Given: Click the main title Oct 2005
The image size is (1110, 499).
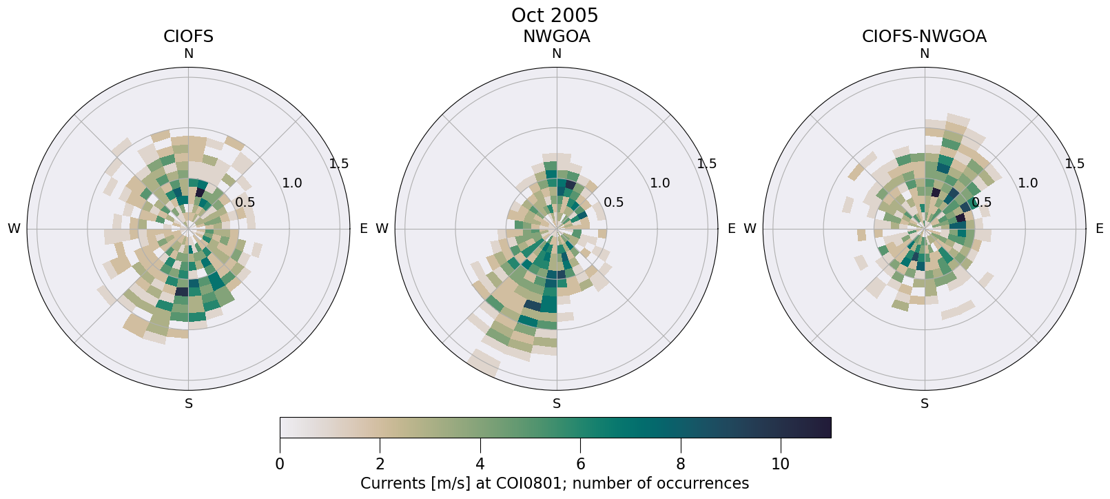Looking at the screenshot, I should [555, 15].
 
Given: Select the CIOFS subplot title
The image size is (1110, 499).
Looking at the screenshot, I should [188, 37].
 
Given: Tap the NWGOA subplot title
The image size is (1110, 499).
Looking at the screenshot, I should [556, 37].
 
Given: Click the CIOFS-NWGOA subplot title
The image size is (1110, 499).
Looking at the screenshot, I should [924, 37].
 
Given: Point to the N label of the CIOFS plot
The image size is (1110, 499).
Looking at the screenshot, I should [188, 54].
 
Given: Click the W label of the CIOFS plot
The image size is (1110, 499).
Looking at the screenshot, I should [14, 229].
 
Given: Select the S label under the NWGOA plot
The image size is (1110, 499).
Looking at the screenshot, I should [557, 404].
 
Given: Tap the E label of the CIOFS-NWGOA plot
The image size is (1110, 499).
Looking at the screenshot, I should [1100, 229].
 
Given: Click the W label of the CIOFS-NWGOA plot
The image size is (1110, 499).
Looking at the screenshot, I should [750, 229].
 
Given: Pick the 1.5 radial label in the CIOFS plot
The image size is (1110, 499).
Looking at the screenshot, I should [339, 164].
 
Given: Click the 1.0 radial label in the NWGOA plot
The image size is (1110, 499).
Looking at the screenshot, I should [660, 183].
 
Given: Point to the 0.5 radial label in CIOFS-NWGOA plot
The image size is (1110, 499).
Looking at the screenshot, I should [982, 203].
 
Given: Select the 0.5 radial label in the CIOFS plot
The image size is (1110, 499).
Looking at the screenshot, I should [245, 203].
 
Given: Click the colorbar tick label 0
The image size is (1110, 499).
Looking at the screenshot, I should [280, 465].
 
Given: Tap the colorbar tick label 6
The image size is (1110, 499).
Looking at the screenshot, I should [580, 465].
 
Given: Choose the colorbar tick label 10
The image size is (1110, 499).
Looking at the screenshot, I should [780, 465].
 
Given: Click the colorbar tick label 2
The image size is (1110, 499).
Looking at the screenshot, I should [380, 465].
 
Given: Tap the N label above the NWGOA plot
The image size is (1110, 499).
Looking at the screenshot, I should [557, 54].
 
